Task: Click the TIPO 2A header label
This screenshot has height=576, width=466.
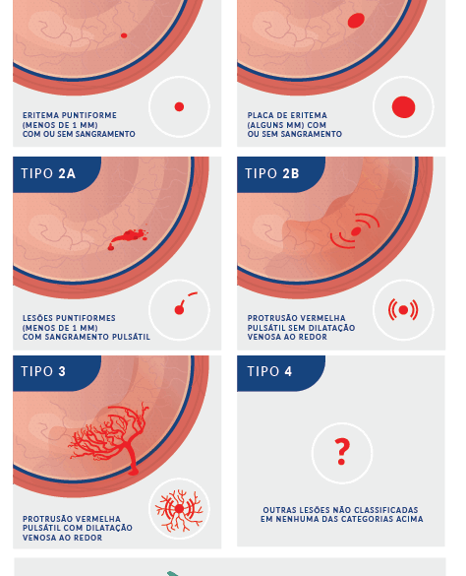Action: (x=48, y=173)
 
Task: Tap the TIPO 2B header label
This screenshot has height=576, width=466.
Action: (x=272, y=173)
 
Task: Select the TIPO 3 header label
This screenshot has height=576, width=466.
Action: (x=43, y=371)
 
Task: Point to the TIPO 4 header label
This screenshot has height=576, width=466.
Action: (x=269, y=371)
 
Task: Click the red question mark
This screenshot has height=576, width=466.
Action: (x=342, y=452)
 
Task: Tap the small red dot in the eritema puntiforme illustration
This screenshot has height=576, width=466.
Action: (x=124, y=35)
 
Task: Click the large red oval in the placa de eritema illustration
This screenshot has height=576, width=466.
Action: (x=356, y=21)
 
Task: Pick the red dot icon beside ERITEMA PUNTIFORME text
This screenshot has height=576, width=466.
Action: (x=179, y=107)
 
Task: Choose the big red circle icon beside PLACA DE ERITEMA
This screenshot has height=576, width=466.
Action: (x=403, y=107)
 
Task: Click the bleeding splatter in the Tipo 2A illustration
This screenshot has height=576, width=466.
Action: (x=128, y=238)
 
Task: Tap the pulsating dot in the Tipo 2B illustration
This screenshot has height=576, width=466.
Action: (x=356, y=231)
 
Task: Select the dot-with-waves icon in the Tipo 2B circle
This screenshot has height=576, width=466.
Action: (x=403, y=310)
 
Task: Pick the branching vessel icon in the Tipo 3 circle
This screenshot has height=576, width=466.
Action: (x=179, y=509)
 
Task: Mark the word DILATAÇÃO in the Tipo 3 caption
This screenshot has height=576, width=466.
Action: (x=109, y=528)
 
